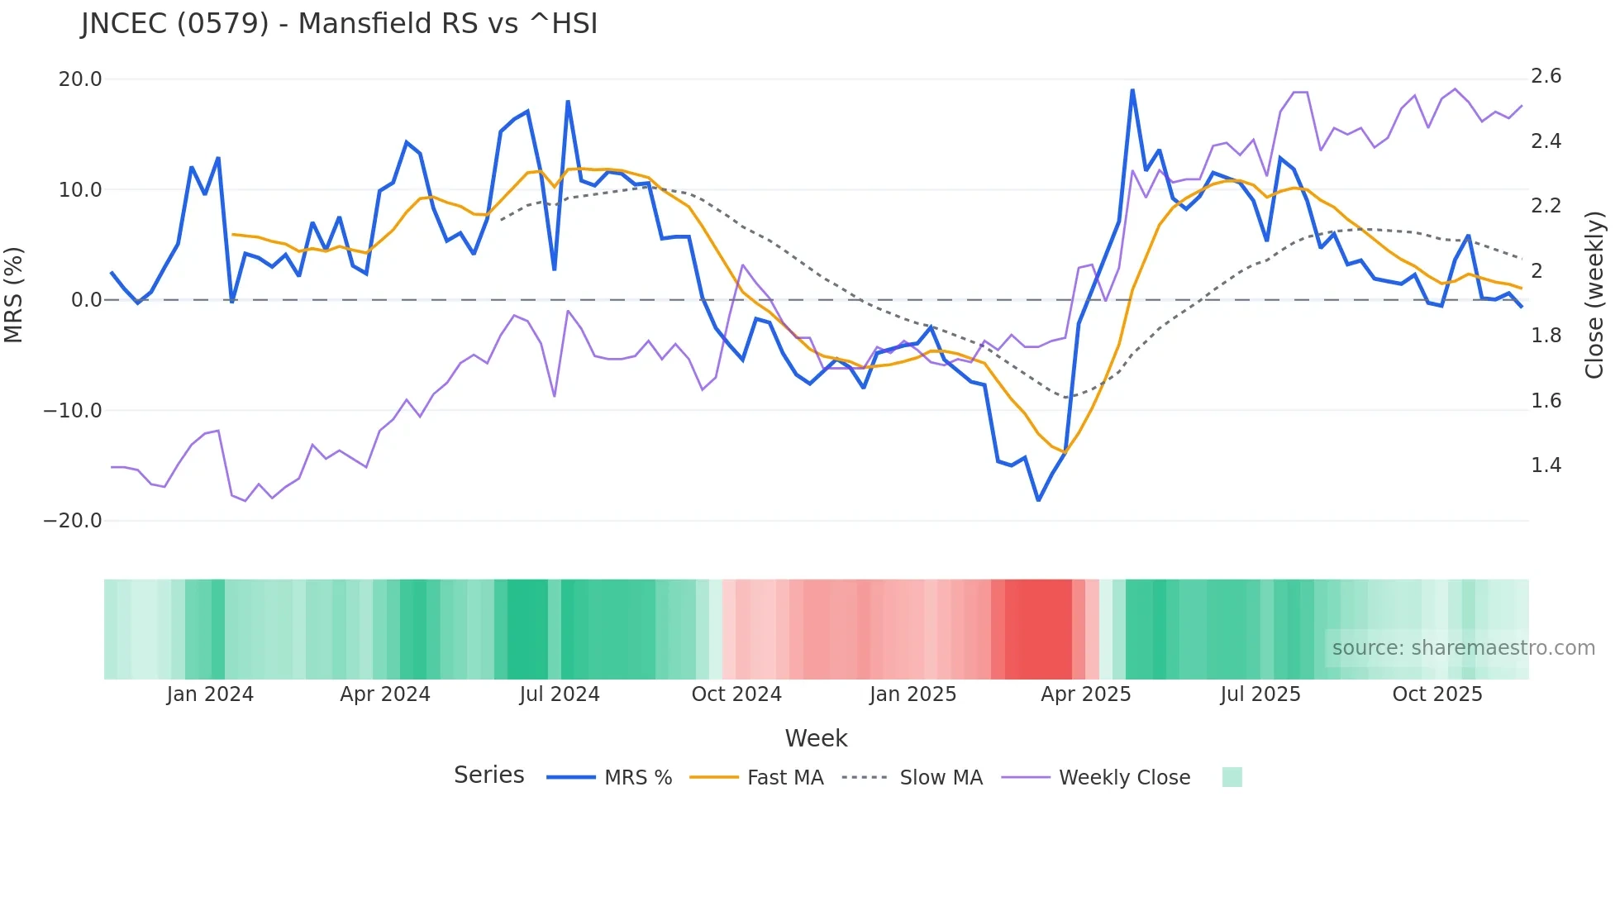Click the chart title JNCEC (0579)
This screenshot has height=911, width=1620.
(x=339, y=24)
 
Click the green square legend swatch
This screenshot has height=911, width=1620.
(x=1232, y=777)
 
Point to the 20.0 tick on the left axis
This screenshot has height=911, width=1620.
(x=80, y=79)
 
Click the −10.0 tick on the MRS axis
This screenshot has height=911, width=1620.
(x=73, y=411)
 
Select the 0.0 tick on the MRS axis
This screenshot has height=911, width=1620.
(x=86, y=300)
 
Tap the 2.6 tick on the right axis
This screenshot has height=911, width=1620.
(x=1546, y=77)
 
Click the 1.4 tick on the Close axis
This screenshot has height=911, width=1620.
(x=1546, y=465)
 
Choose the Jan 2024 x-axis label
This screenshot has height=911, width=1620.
(x=210, y=694)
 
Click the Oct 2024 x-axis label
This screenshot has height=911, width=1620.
(x=736, y=694)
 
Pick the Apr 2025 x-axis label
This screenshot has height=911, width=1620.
(x=1085, y=694)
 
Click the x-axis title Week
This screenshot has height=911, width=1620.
(x=816, y=738)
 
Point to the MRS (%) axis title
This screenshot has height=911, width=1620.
(x=14, y=294)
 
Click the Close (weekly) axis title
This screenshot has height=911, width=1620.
(x=1594, y=294)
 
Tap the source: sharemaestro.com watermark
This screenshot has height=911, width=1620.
(x=1463, y=648)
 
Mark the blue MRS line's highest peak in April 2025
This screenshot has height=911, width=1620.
(x=1132, y=90)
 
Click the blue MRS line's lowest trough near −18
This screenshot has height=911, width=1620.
(x=1038, y=500)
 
